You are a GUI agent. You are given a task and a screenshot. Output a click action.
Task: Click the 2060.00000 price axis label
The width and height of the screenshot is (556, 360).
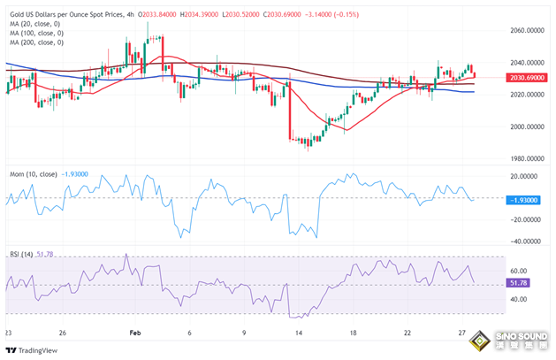pyautogui.click(x=528, y=30)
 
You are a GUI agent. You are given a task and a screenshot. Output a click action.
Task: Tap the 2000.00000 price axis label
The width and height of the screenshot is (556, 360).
pyautogui.click(x=528, y=126)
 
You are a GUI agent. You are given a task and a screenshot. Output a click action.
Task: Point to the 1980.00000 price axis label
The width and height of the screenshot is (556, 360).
pyautogui.click(x=528, y=159)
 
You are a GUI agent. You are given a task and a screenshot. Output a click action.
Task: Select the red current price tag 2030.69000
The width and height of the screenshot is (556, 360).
pyautogui.click(x=528, y=78)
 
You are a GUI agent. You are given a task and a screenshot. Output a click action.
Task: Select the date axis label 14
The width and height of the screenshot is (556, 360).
pyautogui.click(x=300, y=333)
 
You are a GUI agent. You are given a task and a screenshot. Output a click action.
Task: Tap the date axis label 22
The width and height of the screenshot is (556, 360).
pyautogui.click(x=407, y=333)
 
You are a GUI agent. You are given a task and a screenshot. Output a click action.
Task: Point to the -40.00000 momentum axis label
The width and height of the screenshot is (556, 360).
pyautogui.click(x=528, y=241)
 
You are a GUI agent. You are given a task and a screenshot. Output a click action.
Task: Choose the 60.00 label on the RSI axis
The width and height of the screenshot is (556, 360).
pyautogui.click(x=520, y=272)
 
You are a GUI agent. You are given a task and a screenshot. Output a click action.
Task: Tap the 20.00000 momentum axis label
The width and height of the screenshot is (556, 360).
pyautogui.click(x=528, y=176)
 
